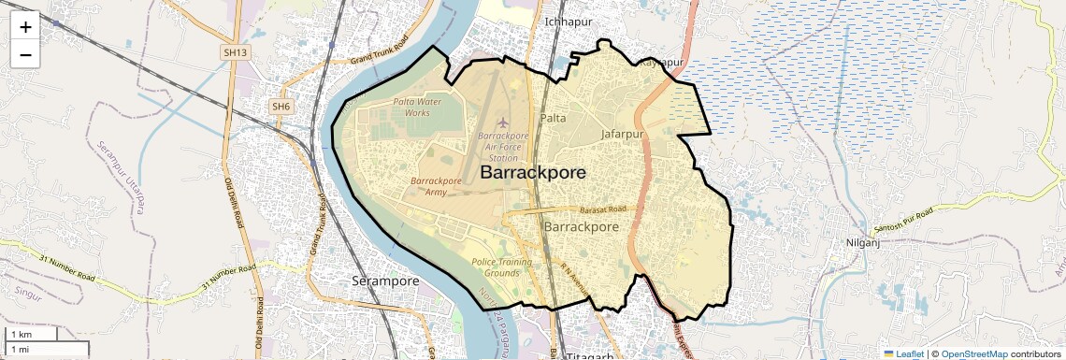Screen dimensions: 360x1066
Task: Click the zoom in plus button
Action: click(25, 26)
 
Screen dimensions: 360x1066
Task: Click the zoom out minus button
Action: click(25, 54)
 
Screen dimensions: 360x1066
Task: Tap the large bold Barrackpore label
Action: click(533, 173)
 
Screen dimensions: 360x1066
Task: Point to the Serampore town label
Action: click(385, 281)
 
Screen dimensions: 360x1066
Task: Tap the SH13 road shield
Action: click(236, 53)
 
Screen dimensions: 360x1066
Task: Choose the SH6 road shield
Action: click(281, 107)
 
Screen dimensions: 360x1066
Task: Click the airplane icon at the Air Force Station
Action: click(503, 122)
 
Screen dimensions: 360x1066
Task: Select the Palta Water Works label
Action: click(417, 107)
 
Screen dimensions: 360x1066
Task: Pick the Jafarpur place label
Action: click(624, 134)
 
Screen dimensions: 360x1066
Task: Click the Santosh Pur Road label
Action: click(902, 221)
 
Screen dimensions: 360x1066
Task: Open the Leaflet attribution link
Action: click(904, 353)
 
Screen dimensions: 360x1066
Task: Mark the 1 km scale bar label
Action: click(22, 335)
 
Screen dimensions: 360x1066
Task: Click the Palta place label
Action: click(553, 118)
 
